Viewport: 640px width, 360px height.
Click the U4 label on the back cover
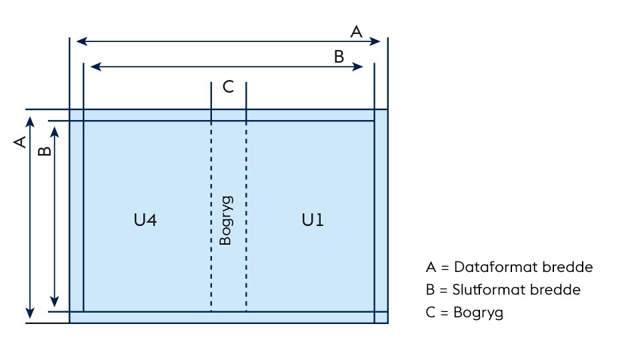click(x=145, y=220)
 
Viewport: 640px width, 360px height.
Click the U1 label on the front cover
click(x=312, y=220)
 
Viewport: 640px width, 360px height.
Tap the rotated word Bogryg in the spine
click(x=226, y=220)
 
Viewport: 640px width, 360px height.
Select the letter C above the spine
click(x=228, y=87)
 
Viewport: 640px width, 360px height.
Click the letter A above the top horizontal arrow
click(x=357, y=31)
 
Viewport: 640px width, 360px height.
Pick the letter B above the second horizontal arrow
click(x=339, y=57)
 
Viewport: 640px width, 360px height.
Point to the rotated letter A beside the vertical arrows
click(x=20, y=141)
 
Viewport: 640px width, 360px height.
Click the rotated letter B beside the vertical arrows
click(x=45, y=151)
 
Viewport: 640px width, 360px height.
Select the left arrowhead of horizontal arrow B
click(x=95, y=67)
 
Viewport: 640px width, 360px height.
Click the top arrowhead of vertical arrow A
click(x=29, y=120)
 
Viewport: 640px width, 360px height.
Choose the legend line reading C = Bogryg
click(x=464, y=312)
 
